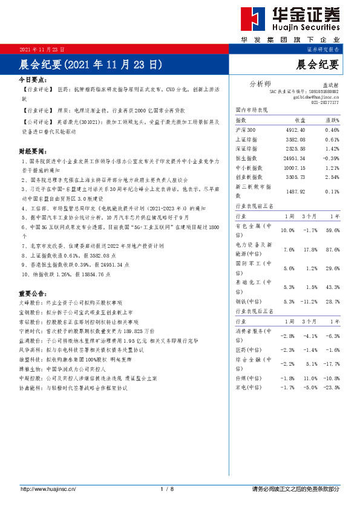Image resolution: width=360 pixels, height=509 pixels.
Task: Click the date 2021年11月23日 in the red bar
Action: (x=42, y=48)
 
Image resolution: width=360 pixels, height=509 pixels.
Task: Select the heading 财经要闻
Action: (x=33, y=151)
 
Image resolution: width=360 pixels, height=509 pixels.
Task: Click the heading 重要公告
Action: (x=33, y=293)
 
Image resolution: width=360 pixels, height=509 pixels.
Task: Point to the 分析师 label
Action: (x=260, y=83)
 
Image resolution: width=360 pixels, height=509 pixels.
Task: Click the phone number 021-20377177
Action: (x=325, y=103)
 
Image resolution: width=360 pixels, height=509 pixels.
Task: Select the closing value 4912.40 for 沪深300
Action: (x=295, y=130)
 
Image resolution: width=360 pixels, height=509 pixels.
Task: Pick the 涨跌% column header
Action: (x=332, y=121)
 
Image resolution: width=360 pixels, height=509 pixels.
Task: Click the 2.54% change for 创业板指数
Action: (x=332, y=177)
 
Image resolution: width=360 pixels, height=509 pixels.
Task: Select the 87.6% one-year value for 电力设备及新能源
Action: (x=332, y=249)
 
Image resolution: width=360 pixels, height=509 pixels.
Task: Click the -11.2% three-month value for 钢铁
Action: (x=309, y=301)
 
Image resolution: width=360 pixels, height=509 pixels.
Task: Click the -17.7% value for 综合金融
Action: (x=332, y=364)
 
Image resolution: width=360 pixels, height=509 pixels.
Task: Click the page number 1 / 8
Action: (x=167, y=488)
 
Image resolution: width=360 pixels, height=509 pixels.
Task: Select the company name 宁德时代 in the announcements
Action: (x=30, y=331)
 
